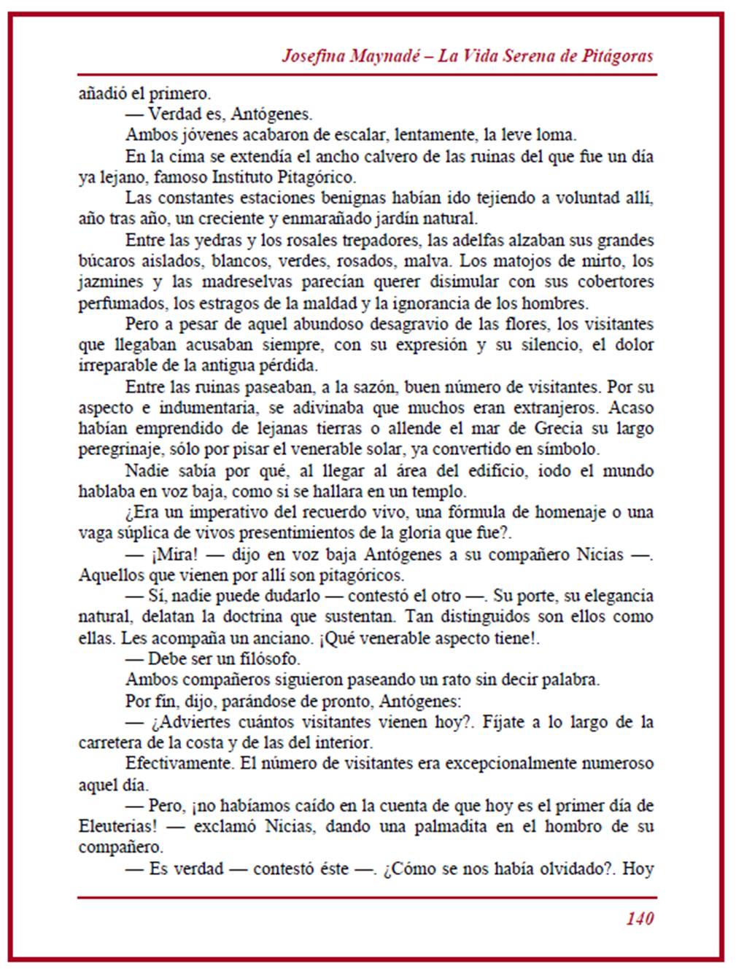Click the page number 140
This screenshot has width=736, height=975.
(639, 918)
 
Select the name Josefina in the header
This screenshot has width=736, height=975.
(314, 57)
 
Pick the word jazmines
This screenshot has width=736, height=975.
(109, 282)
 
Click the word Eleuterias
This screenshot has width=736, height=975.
(115, 827)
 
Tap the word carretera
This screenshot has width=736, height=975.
(109, 743)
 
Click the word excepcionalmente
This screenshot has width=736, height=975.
(535, 764)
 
